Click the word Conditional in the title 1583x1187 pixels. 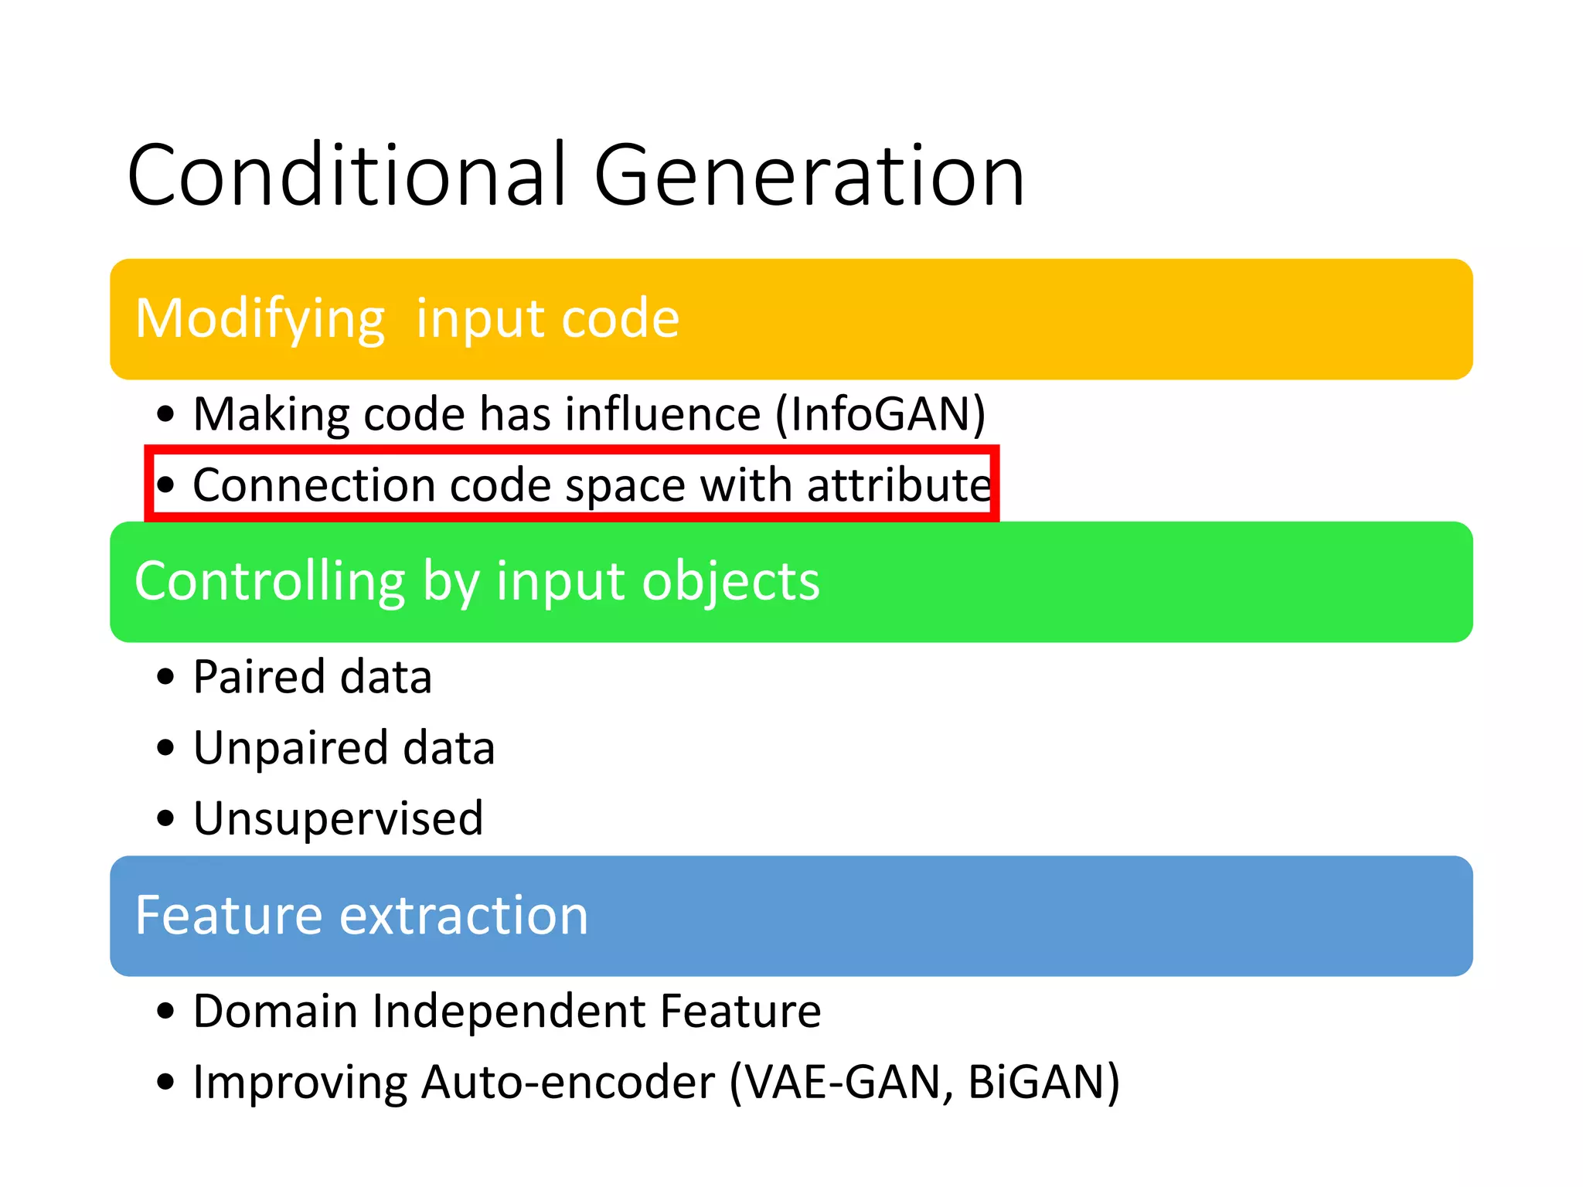(348, 176)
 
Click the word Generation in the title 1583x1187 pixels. (809, 176)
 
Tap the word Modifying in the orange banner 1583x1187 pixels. (260, 319)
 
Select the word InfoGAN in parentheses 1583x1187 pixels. (880, 414)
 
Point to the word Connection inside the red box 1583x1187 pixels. (314, 485)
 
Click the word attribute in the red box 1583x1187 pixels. (899, 485)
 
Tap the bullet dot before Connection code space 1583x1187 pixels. (165, 485)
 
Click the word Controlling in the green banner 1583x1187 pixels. (270, 581)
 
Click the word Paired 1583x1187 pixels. (259, 677)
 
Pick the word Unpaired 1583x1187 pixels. (290, 748)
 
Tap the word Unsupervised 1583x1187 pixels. (338, 818)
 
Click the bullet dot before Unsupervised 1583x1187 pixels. (165, 818)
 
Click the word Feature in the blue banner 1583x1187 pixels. (228, 915)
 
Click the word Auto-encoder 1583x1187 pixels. (568, 1082)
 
